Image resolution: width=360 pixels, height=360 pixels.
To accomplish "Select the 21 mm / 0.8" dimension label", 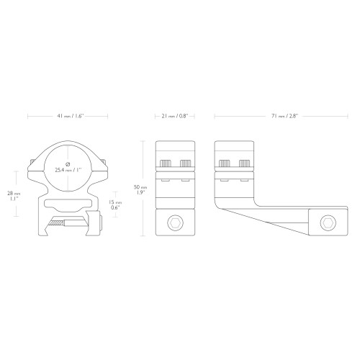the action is [174, 116].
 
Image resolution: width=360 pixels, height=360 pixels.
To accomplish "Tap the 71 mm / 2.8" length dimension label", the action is [284, 116].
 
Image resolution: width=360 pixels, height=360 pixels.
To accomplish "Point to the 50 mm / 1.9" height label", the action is [140, 189].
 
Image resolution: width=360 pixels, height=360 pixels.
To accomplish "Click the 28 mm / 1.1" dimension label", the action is [14, 196].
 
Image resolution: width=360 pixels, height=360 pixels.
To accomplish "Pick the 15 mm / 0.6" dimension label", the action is [115, 204].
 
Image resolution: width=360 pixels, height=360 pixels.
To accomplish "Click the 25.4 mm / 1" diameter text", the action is [68, 170].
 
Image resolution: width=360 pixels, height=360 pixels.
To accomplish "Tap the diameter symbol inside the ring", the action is [68, 164].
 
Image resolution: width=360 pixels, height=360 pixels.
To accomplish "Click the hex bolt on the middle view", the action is [175, 223].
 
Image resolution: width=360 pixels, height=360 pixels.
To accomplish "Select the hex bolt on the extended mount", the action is [328, 223].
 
